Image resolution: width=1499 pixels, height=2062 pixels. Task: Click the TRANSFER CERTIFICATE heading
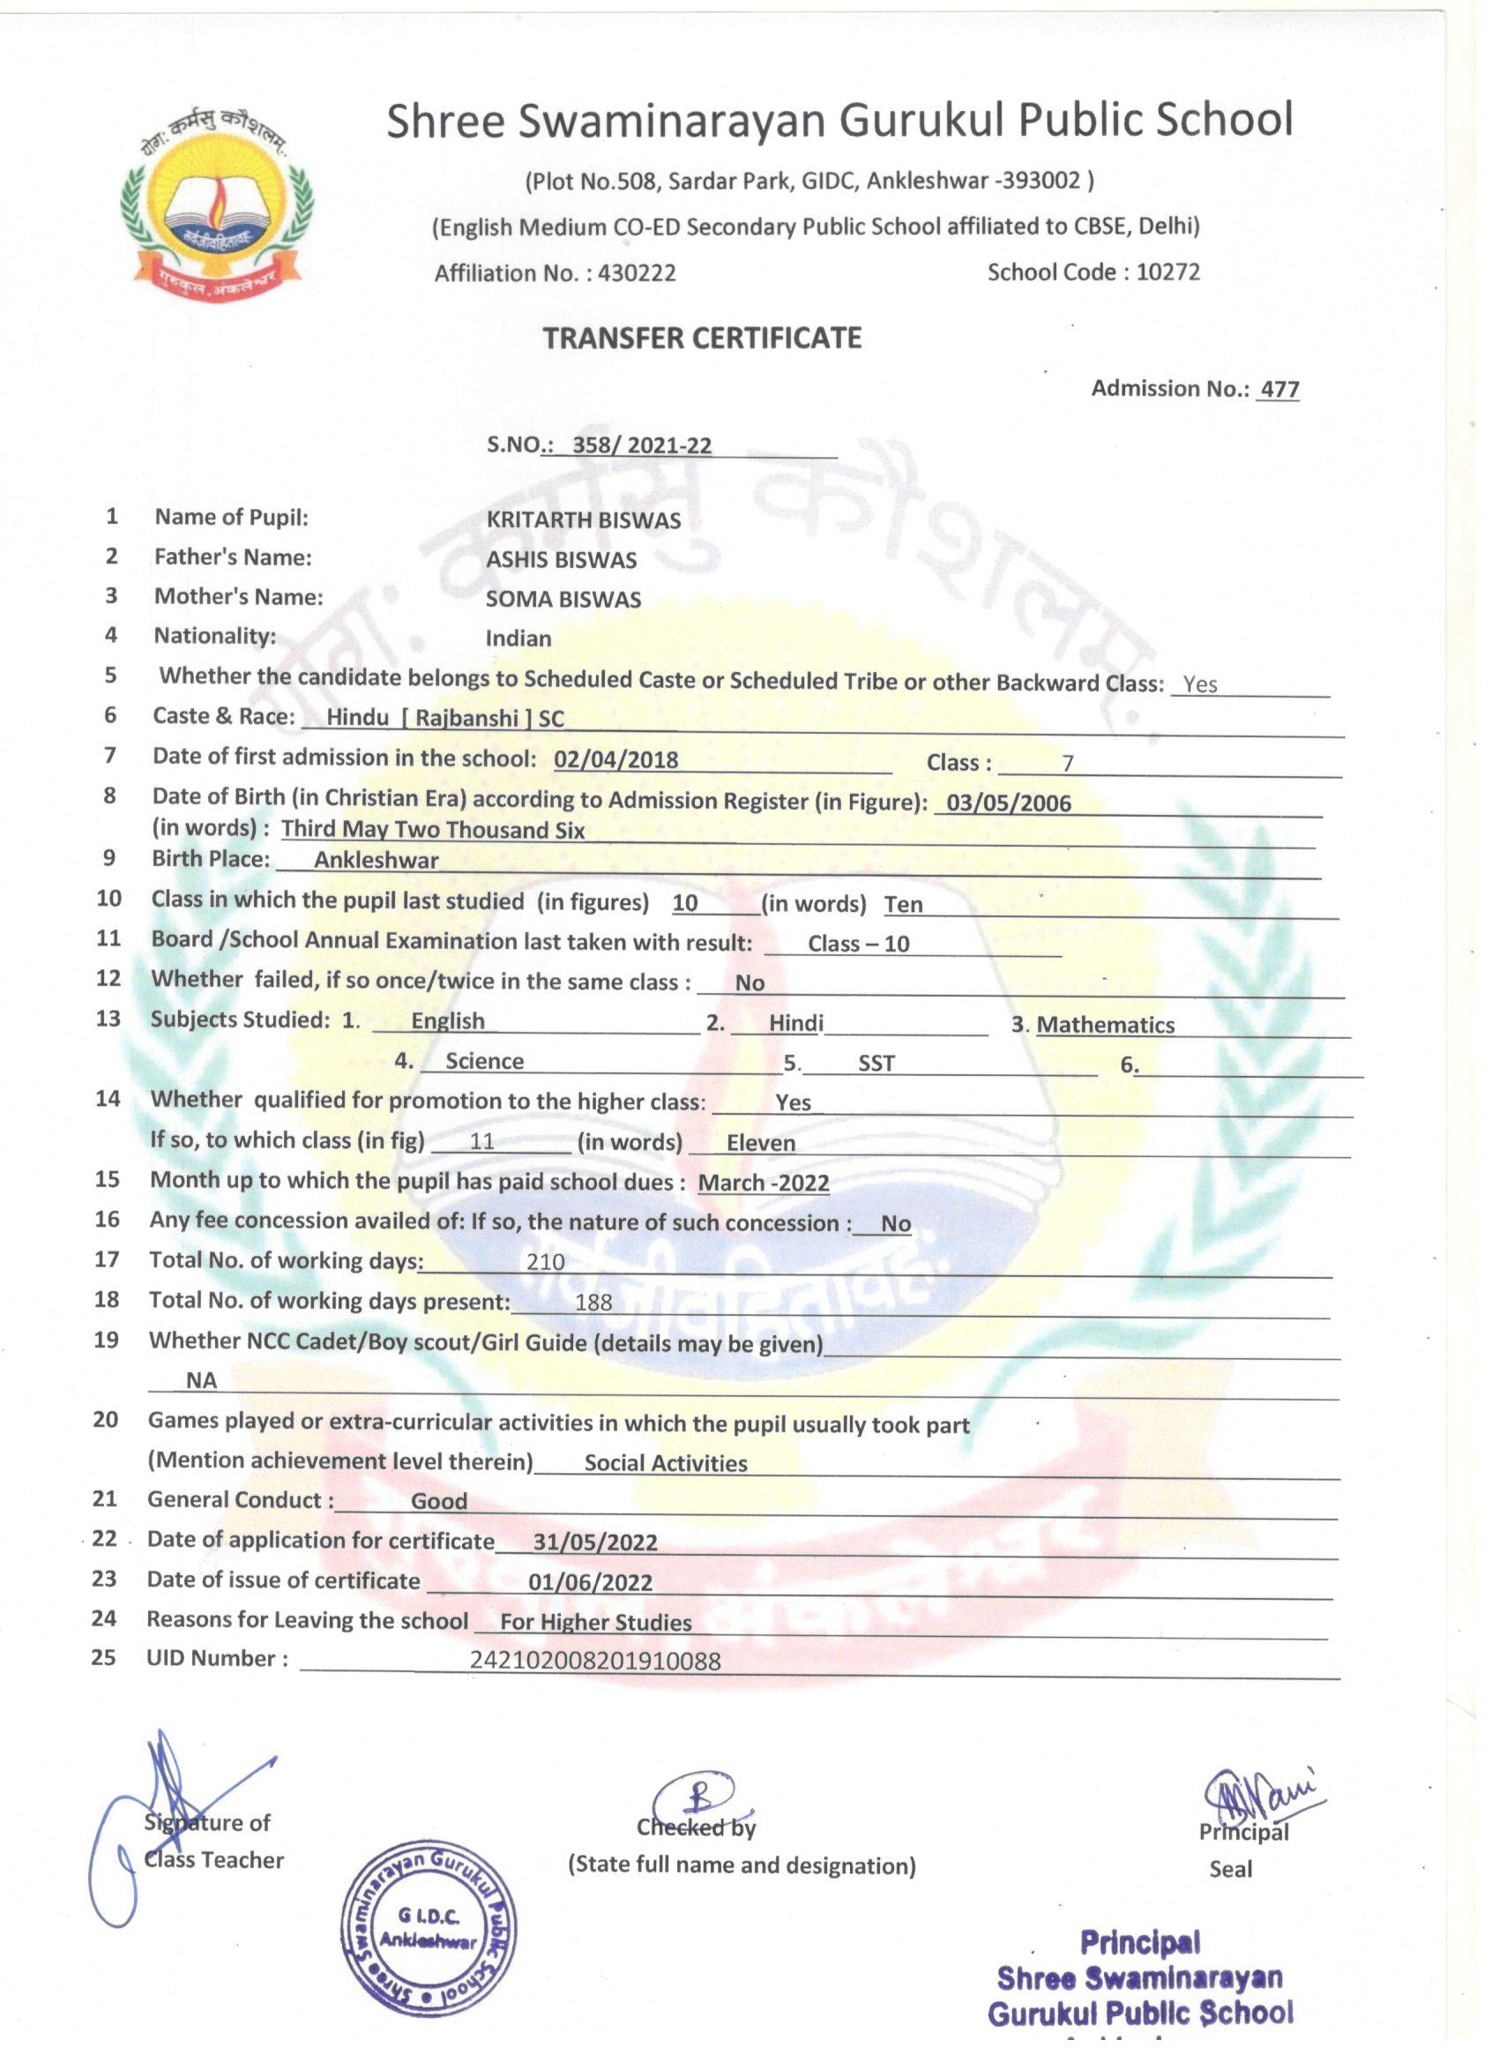pos(702,338)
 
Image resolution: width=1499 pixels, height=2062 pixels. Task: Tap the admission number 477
pos(1279,389)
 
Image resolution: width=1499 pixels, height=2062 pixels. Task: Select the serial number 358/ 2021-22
pos(642,445)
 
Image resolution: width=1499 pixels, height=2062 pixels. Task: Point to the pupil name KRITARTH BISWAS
pos(583,520)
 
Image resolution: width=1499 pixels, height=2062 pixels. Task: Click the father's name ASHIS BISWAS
pos(561,560)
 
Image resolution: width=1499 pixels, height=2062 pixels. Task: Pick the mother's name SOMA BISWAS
pos(563,599)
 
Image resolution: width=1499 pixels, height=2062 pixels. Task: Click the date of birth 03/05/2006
pos(1008,803)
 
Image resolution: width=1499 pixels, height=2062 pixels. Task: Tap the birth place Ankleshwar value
pos(377,860)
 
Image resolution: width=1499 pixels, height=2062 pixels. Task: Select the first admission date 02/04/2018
pos(615,759)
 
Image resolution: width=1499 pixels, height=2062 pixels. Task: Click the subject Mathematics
pos(1106,1025)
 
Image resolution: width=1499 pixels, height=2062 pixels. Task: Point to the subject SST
pos(876,1063)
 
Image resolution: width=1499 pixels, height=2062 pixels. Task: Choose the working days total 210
pos(546,1262)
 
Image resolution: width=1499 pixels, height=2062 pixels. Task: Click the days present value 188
pos(593,1302)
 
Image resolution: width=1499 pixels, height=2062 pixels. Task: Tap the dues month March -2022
pos(763,1183)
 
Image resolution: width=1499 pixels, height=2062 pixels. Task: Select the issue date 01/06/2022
pos(590,1582)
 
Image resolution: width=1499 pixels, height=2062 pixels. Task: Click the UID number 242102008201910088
pos(594,1661)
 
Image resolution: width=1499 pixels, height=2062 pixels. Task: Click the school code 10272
pos(1167,272)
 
